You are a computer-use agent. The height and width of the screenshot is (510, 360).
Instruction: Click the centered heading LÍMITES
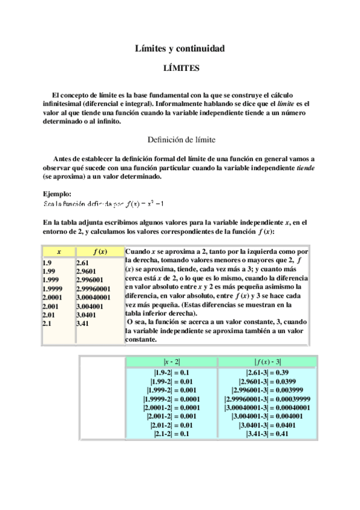coord(181,69)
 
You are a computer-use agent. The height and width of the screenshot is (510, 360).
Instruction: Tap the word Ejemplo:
coord(58,194)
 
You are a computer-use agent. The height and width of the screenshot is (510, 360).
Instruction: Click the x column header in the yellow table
coord(58,251)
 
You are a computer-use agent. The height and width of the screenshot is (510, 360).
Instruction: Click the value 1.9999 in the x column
coord(53,288)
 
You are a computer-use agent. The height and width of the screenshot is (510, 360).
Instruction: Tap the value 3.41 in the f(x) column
coord(84,323)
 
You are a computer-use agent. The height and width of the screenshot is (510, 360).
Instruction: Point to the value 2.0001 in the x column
coord(53,297)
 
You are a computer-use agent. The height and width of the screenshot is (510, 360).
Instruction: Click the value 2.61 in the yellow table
coord(84,262)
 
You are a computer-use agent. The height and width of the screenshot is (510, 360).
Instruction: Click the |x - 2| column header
coord(172,361)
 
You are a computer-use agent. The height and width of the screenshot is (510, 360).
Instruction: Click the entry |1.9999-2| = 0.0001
coord(172,399)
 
